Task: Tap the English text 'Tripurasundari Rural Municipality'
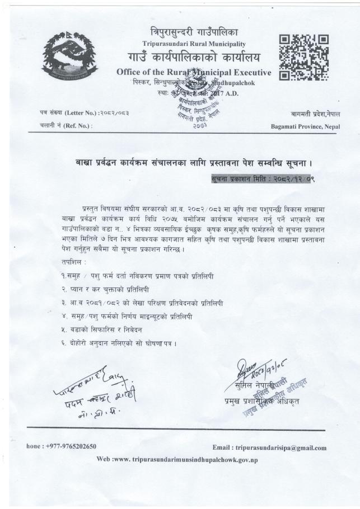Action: (194, 44)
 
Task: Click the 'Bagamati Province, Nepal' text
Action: (305, 126)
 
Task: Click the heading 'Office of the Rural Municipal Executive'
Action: (194, 72)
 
